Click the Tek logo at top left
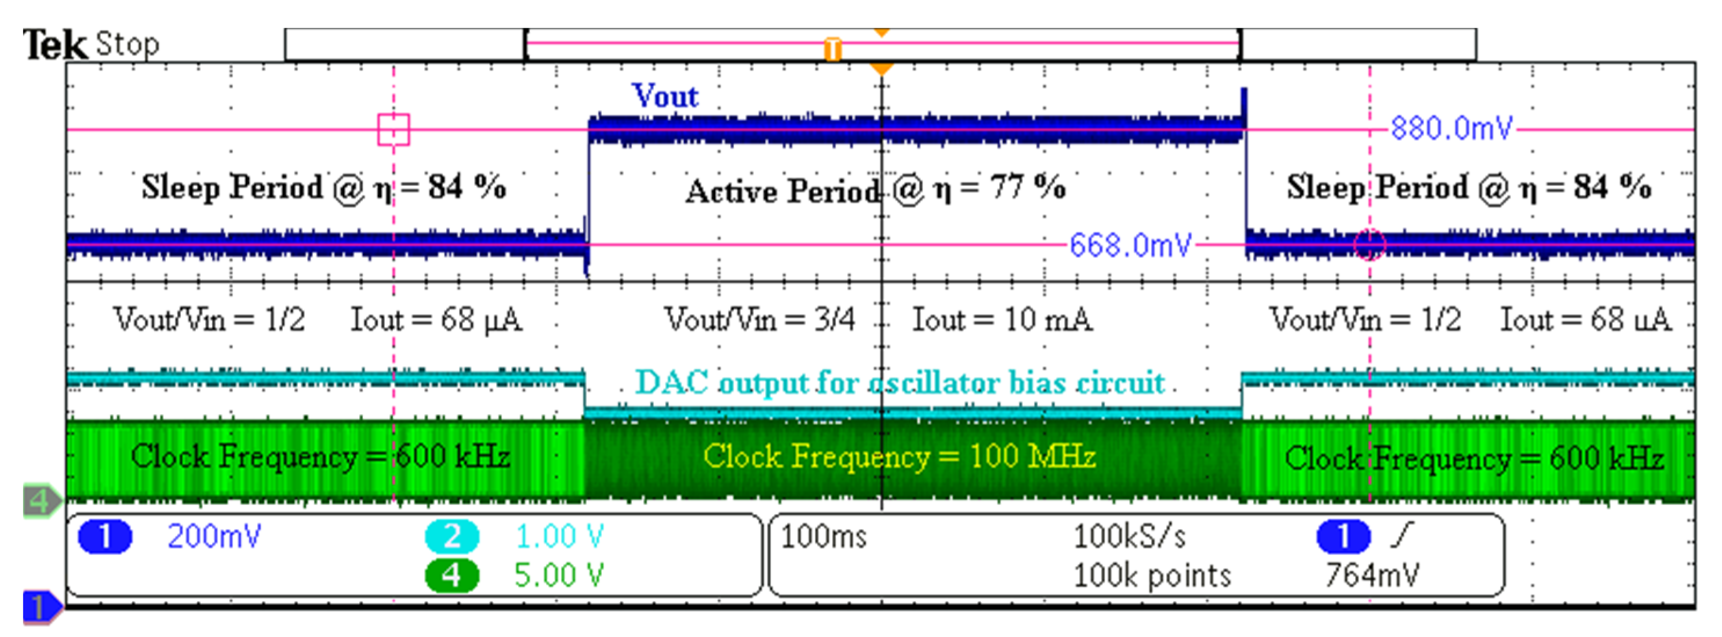[55, 45]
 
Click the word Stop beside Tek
[127, 44]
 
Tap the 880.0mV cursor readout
[1451, 128]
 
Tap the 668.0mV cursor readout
[1130, 245]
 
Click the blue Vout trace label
[665, 96]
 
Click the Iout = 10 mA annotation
[1002, 319]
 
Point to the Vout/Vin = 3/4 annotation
[759, 319]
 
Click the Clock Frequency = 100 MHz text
[899, 457]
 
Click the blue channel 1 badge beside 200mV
[105, 537]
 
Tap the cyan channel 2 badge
[452, 537]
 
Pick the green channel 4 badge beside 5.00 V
[452, 576]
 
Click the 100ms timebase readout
[824, 537]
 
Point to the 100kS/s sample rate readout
[1129, 537]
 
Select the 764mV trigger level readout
[1372, 576]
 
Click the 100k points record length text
[1152, 576]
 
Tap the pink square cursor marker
[393, 129]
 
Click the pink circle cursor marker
[1369, 245]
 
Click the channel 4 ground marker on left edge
[40, 501]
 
